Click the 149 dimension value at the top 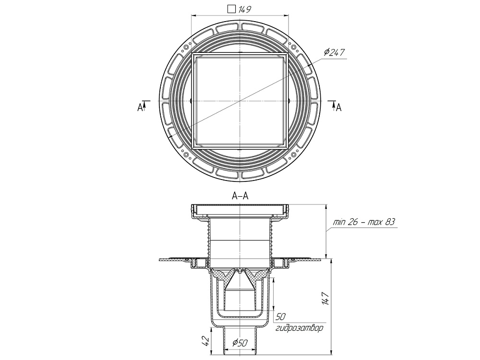[x=245, y=9]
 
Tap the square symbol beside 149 [x=231, y=9]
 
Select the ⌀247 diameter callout [x=335, y=52]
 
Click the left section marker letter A [x=140, y=108]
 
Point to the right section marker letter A [x=338, y=108]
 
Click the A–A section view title [x=240, y=196]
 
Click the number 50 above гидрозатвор [x=281, y=317]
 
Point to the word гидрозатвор [x=299, y=329]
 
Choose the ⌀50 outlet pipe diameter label [x=240, y=343]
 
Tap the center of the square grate [x=240, y=101]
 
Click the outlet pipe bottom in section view [x=240, y=354]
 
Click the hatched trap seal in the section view [x=240, y=275]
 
